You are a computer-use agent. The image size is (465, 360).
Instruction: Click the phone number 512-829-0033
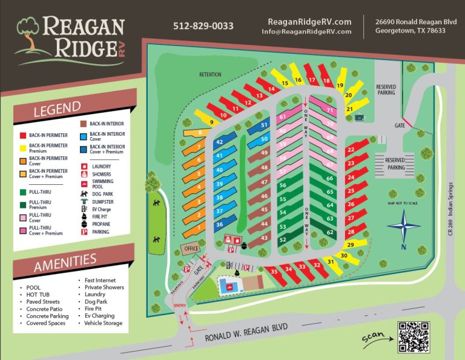point(203,26)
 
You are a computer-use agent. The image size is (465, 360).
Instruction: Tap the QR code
point(414,337)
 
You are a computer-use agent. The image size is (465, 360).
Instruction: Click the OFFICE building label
point(191,248)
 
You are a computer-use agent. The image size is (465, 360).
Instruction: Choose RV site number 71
point(330,110)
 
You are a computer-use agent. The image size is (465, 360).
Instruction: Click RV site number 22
point(351,150)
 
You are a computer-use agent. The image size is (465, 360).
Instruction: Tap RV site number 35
point(274,272)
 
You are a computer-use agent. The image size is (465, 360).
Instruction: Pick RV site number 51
point(264,125)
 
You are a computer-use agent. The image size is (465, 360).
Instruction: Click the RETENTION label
point(210,75)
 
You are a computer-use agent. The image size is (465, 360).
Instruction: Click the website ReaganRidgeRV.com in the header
point(309,21)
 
